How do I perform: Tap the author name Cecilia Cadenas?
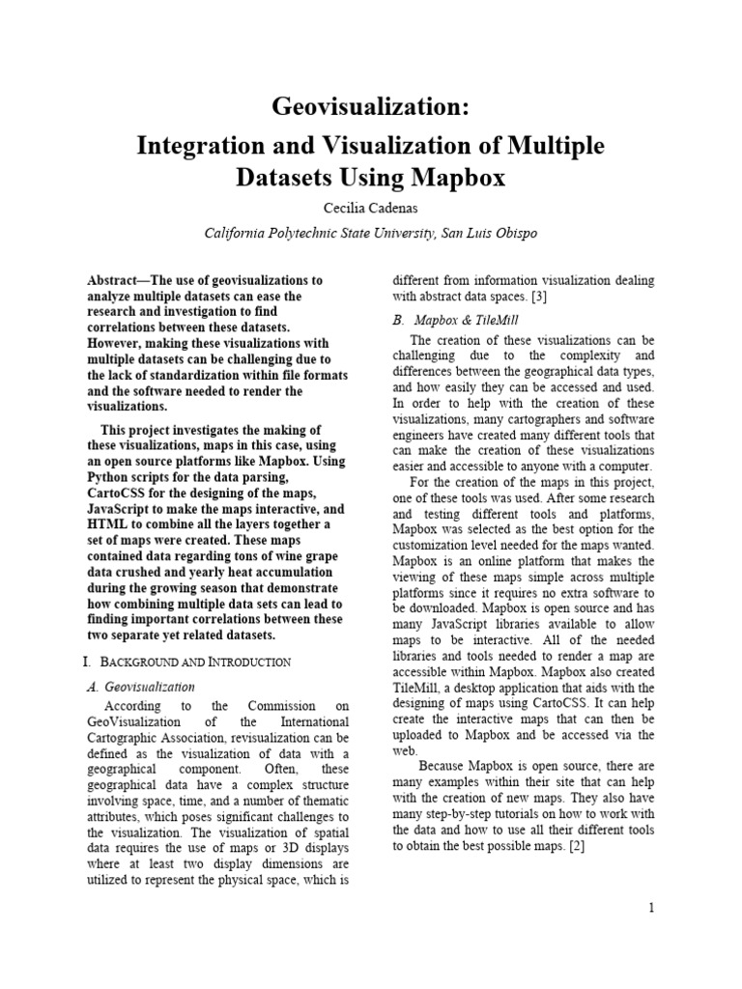(371, 209)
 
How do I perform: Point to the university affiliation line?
(371, 233)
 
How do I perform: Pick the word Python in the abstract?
(109, 477)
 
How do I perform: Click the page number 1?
(652, 908)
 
